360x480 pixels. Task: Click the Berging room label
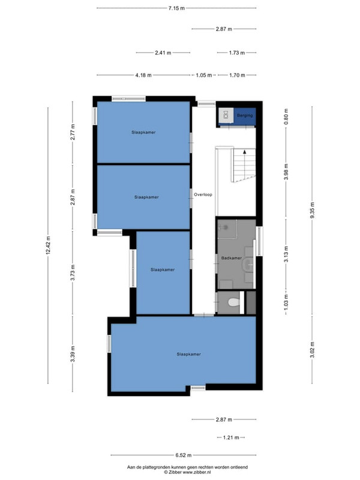click(245, 115)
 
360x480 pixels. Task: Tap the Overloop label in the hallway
click(203, 194)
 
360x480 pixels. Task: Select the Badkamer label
click(232, 258)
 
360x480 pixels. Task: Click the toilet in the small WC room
click(233, 302)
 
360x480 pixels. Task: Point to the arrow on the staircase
click(244, 152)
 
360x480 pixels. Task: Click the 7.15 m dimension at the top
click(176, 8)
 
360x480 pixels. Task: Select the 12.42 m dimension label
click(48, 245)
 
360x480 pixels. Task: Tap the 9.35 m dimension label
click(312, 211)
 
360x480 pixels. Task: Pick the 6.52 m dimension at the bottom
click(184, 455)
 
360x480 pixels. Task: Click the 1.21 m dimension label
click(231, 437)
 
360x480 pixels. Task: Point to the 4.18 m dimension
click(143, 75)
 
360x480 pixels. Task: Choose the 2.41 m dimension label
click(163, 53)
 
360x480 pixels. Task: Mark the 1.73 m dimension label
click(237, 53)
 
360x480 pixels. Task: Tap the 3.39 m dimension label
click(73, 354)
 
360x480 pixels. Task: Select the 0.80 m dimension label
click(286, 116)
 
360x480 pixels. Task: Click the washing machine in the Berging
click(226, 115)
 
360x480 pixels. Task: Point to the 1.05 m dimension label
click(204, 75)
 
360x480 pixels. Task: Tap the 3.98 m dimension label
click(286, 172)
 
